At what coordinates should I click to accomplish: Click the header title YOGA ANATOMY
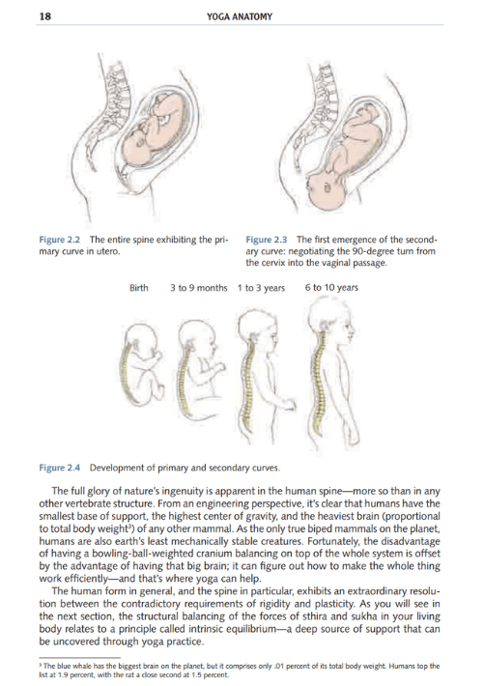pyautogui.click(x=241, y=16)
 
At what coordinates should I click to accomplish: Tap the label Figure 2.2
pyautogui.click(x=60, y=240)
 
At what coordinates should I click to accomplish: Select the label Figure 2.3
pyautogui.click(x=268, y=240)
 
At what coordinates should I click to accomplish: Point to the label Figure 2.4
pyautogui.click(x=60, y=468)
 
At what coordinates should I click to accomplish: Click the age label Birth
pyautogui.click(x=141, y=287)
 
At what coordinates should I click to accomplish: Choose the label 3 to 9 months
pyautogui.click(x=198, y=287)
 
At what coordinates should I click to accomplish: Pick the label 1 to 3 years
pyautogui.click(x=260, y=287)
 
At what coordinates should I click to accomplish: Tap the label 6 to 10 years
pyautogui.click(x=331, y=287)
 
